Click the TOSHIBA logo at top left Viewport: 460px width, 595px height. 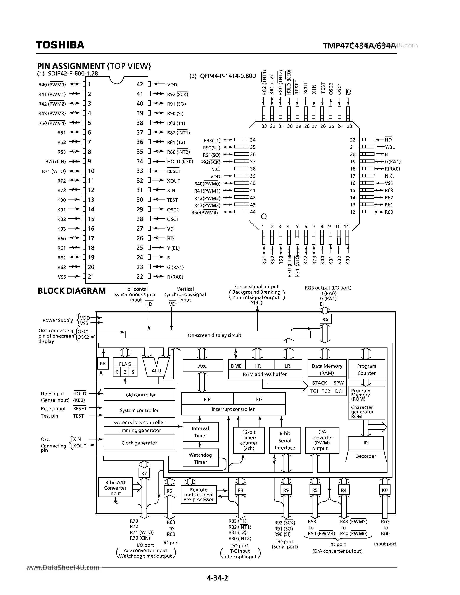60,45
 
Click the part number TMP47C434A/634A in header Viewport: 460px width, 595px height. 359,46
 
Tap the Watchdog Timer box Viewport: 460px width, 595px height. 200,458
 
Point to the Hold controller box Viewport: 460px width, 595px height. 139,395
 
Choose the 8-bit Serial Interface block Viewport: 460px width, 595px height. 285,440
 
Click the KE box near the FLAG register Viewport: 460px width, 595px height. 103,363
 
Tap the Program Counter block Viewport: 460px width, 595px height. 366,369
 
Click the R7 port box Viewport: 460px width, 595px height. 144,473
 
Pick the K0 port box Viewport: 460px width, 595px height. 384,490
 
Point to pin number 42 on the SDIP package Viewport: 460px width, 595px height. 140,84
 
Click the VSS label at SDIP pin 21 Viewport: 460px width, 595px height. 62,277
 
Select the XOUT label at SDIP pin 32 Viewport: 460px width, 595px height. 174,181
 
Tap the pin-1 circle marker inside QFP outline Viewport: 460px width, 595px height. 263,216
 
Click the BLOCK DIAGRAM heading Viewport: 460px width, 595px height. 72,291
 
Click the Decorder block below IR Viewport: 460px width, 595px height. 365,456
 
